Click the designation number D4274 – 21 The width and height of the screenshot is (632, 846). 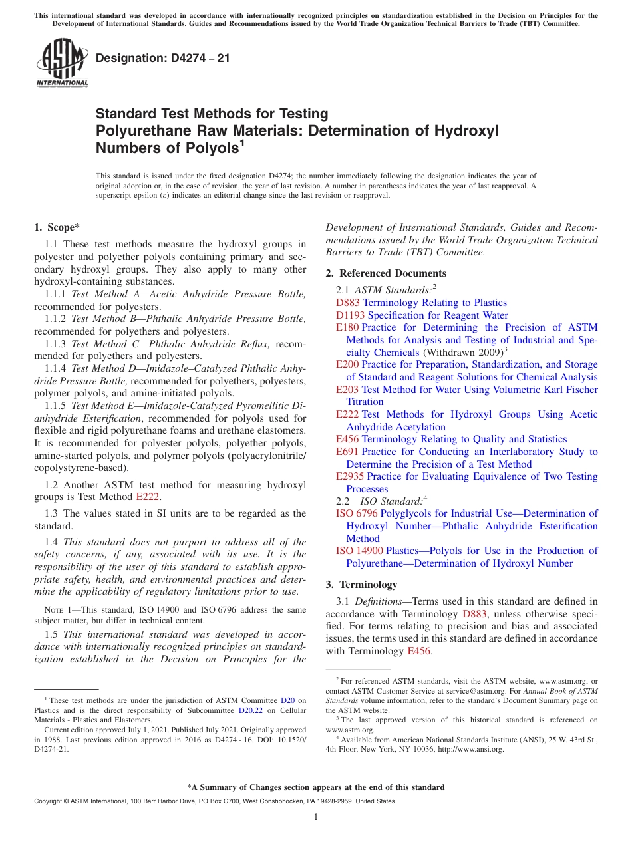point(163,58)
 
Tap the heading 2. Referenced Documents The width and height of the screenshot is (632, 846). point(386,273)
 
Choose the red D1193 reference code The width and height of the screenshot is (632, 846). point(350,315)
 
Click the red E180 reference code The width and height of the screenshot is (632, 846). point(347,327)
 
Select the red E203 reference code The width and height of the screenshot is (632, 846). point(347,390)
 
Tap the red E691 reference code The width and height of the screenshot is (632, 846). point(347,452)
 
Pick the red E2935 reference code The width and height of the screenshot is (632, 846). point(350,476)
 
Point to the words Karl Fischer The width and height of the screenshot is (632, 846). point(569,390)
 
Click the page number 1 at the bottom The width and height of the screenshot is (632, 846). point(316,817)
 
